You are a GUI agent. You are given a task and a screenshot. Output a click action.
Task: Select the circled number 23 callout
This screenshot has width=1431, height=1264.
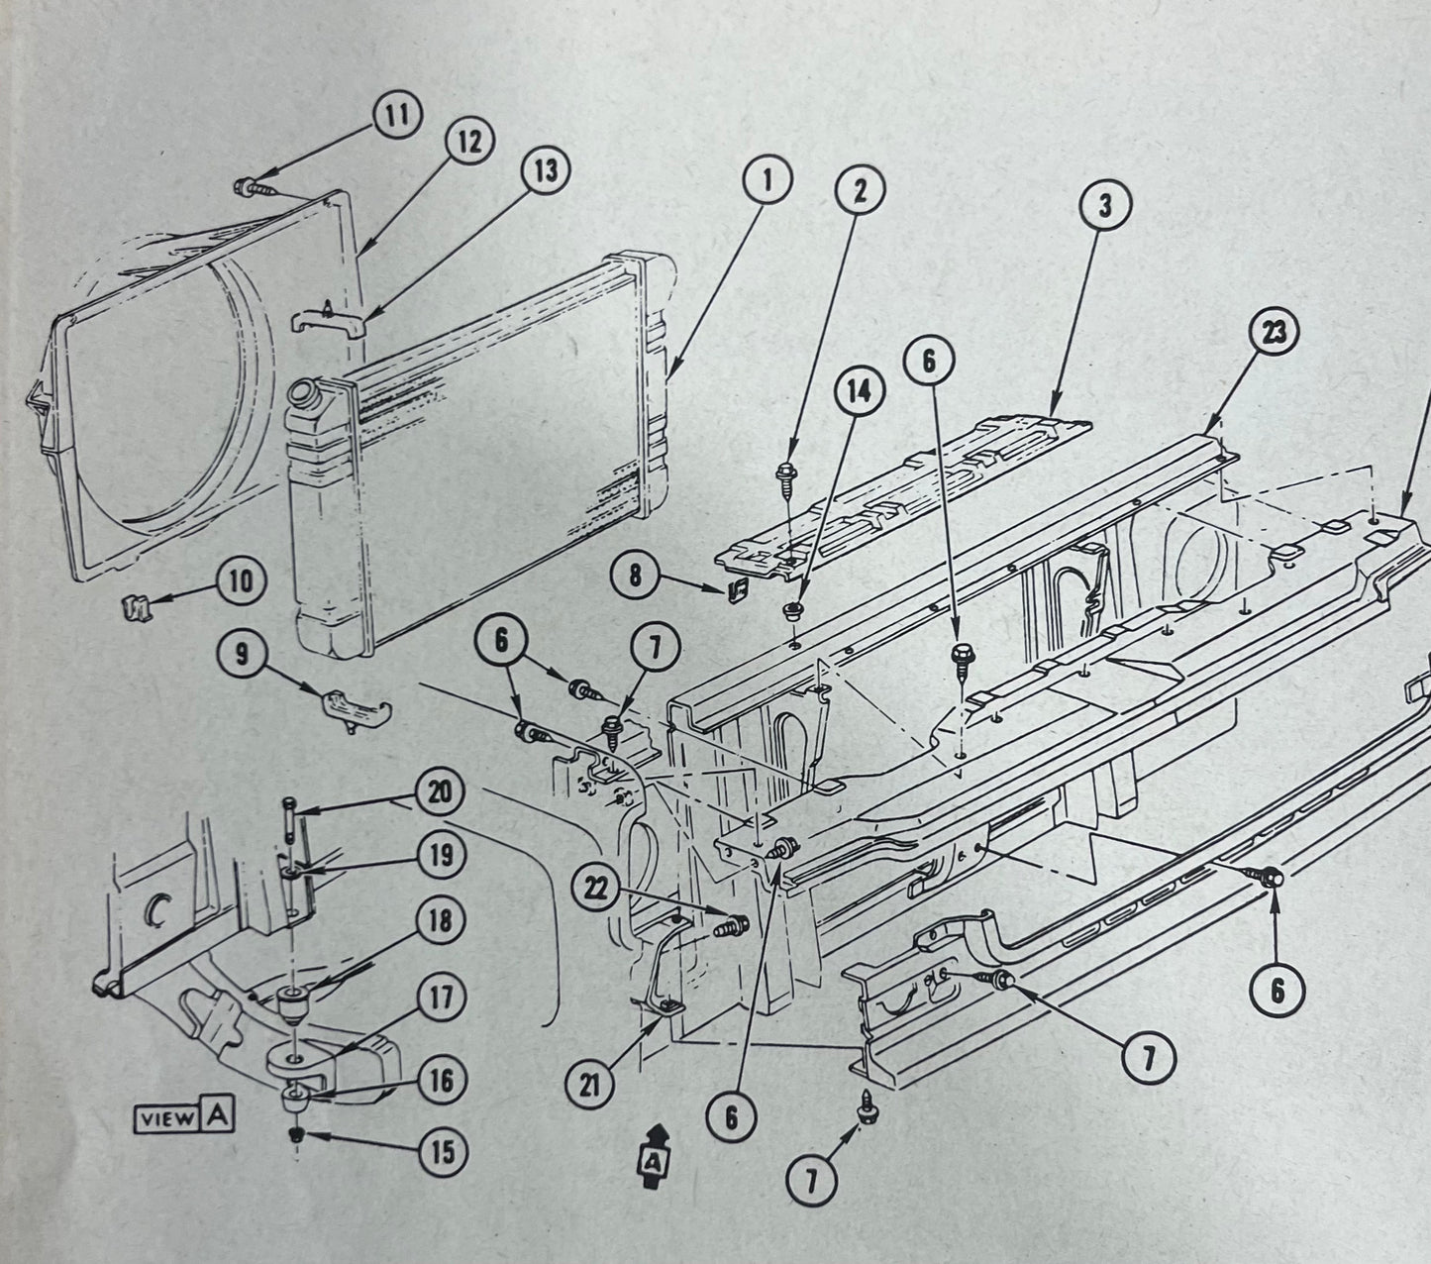pos(1275,333)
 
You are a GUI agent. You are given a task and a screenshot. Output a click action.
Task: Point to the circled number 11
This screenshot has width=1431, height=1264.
pos(396,115)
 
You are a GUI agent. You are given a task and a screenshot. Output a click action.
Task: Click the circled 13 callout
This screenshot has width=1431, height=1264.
pos(546,170)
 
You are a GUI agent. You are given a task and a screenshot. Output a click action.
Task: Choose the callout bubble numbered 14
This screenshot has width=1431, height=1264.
pos(858,393)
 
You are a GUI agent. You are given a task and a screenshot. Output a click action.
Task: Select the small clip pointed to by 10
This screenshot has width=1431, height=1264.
pos(132,602)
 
